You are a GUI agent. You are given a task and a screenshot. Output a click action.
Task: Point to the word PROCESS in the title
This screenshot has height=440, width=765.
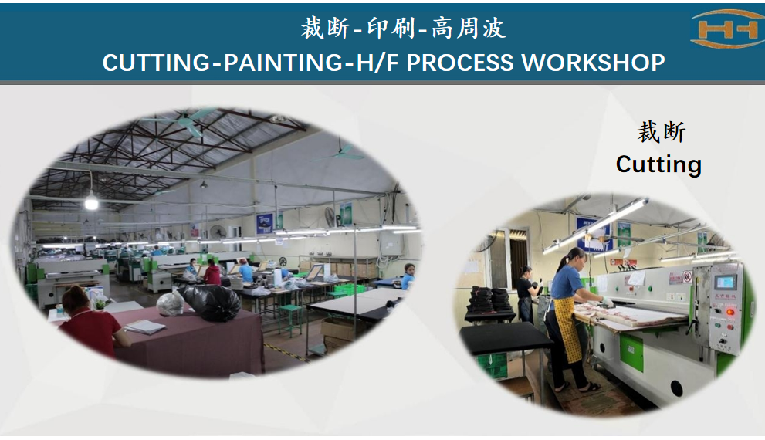coord(459,63)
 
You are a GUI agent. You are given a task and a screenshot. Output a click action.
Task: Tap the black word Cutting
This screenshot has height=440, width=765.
coord(658,164)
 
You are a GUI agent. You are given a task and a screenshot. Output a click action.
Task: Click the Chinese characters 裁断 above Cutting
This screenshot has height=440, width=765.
coord(662,132)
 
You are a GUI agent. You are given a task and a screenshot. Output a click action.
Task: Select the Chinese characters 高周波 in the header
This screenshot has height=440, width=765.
coord(469,28)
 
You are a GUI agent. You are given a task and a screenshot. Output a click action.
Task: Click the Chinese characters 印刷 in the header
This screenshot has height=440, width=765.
coord(391,28)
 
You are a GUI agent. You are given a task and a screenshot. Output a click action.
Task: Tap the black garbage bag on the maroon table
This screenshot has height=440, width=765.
coord(210,303)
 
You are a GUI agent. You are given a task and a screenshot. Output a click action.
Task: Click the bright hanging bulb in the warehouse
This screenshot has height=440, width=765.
coord(91,201)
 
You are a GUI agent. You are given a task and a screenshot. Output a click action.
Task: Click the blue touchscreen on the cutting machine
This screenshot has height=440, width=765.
coord(725,282)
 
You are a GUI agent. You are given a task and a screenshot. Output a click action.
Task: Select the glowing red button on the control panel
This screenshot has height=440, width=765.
coord(729,312)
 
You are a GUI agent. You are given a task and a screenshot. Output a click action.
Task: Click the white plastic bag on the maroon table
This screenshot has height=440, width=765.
coord(171,303)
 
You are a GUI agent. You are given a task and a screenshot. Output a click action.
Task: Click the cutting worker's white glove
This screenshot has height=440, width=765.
coord(608,302)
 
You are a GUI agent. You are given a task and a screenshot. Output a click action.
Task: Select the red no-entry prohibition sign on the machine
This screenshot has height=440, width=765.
coord(688,276)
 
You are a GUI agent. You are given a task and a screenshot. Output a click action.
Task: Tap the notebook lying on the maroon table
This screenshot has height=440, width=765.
coord(145,327)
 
